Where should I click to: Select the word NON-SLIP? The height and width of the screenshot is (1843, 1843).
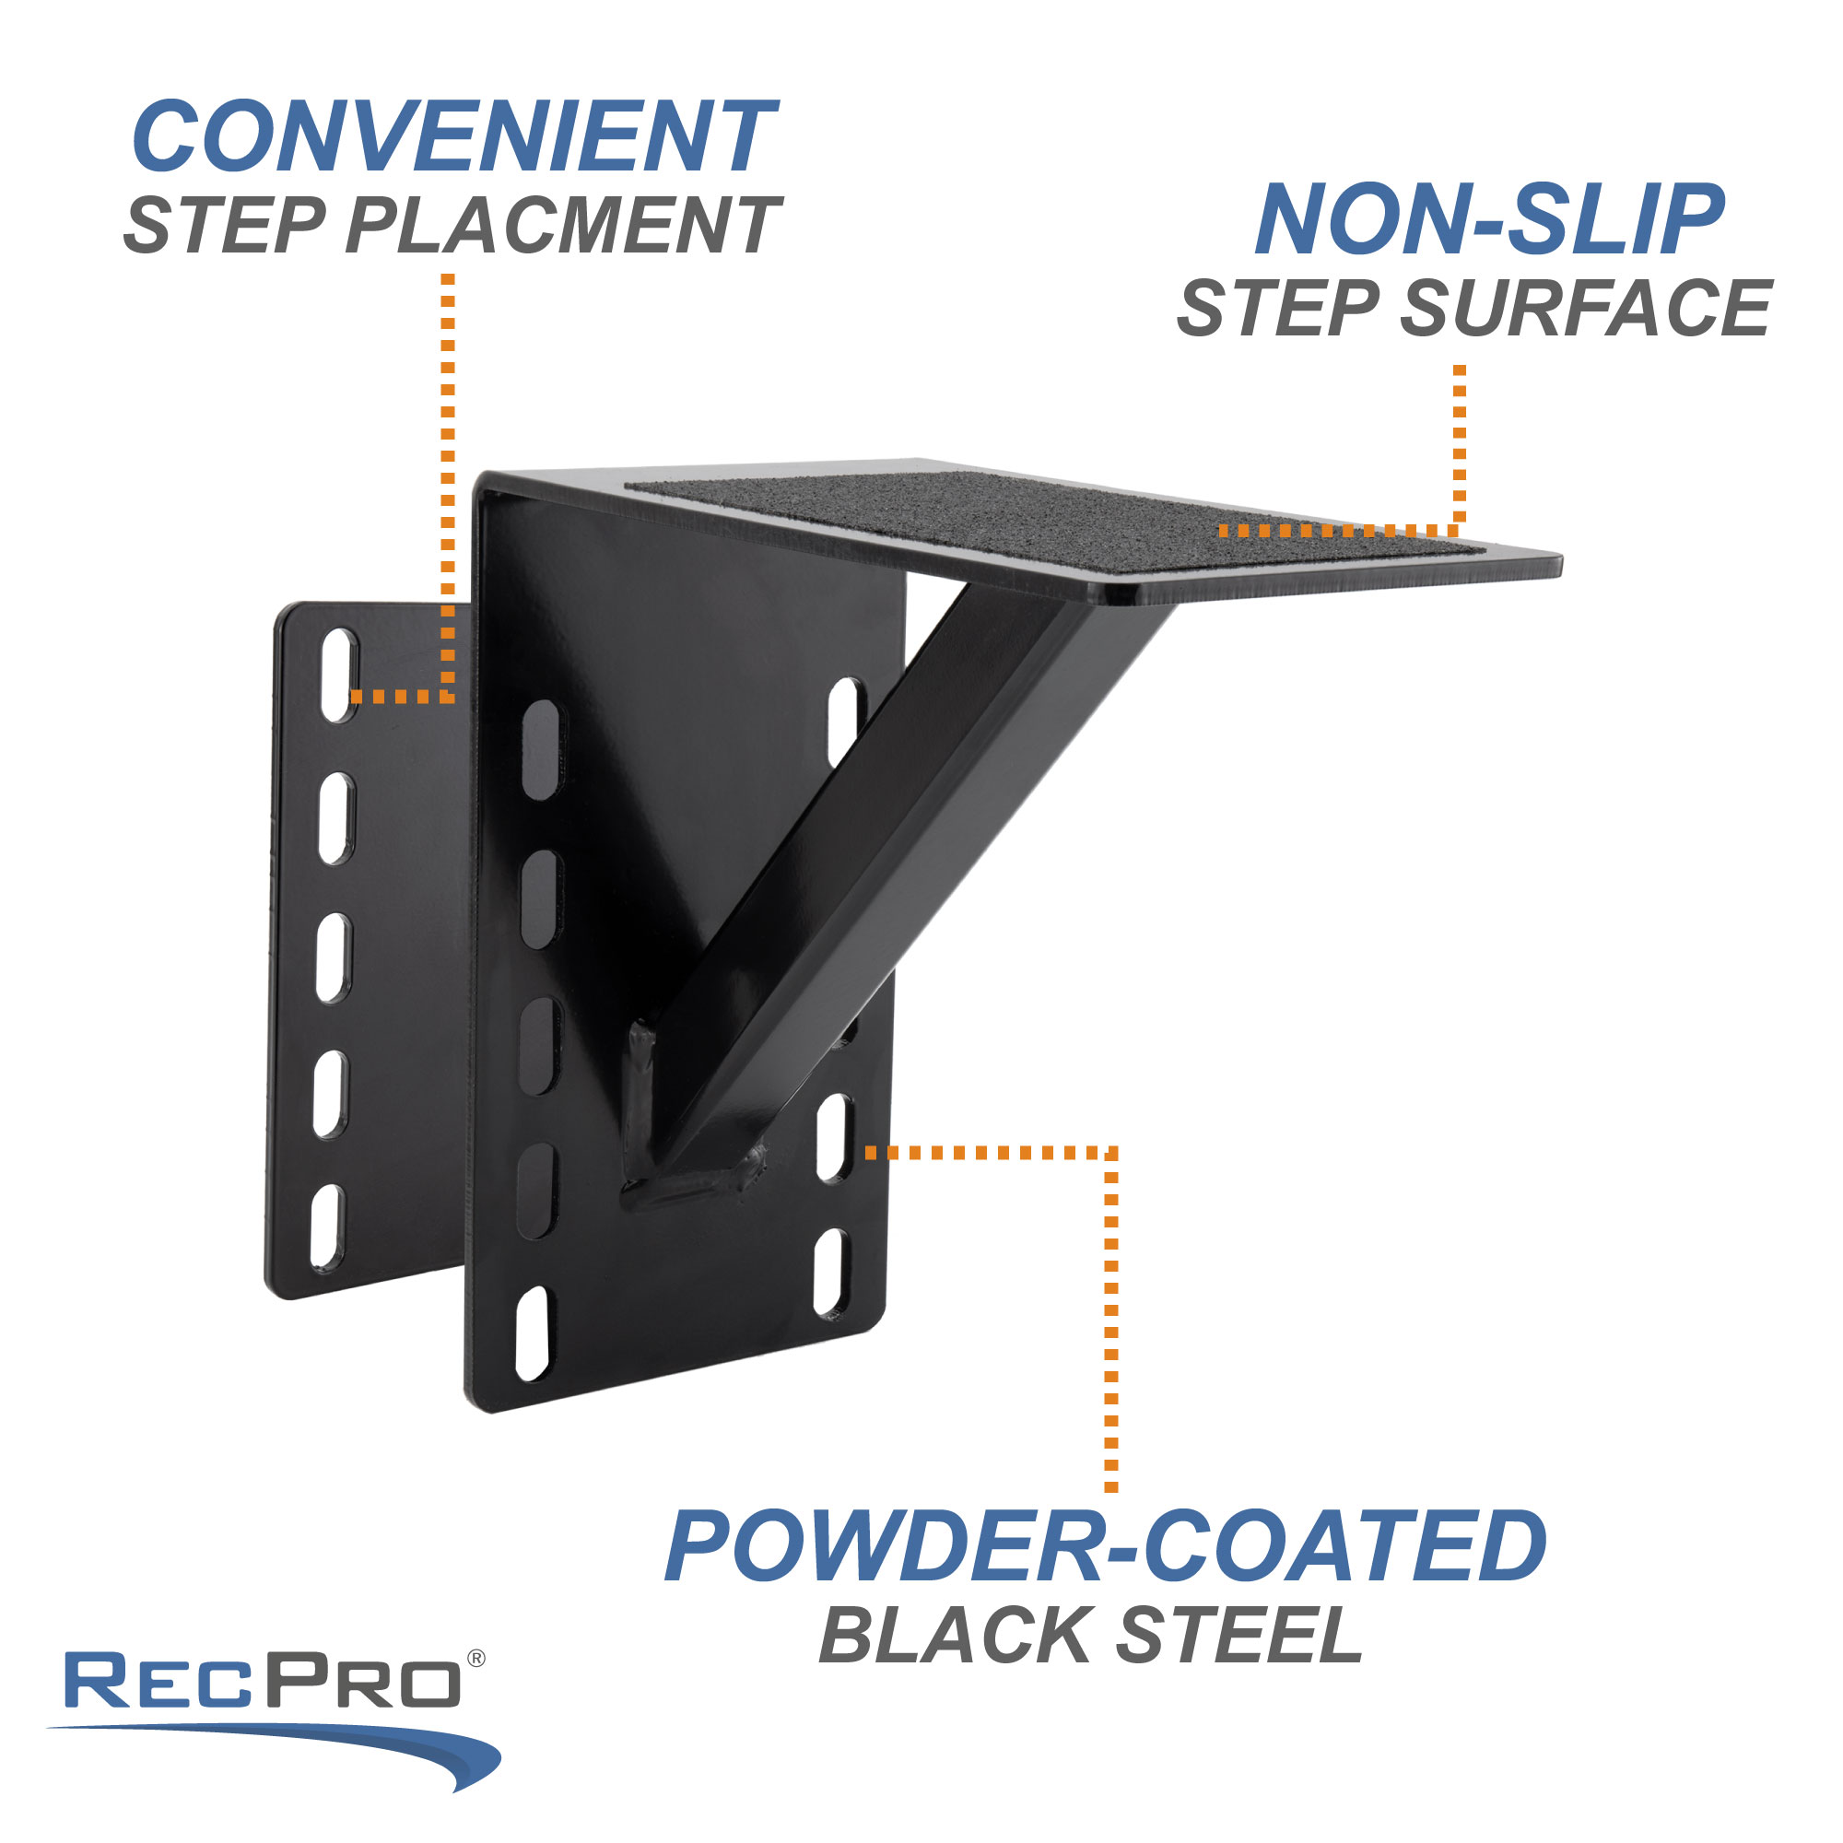[1489, 220]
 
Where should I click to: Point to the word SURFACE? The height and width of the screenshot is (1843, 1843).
[1584, 309]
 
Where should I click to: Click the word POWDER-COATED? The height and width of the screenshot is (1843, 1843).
[1105, 1546]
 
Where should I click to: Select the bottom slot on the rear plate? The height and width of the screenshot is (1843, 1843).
[326, 1227]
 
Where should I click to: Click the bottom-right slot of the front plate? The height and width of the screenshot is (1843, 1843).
[831, 1274]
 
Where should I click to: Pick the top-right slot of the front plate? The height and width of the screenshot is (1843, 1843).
[844, 721]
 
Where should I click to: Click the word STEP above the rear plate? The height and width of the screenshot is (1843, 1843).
[225, 226]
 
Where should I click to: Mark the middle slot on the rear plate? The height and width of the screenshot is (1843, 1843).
[333, 957]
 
